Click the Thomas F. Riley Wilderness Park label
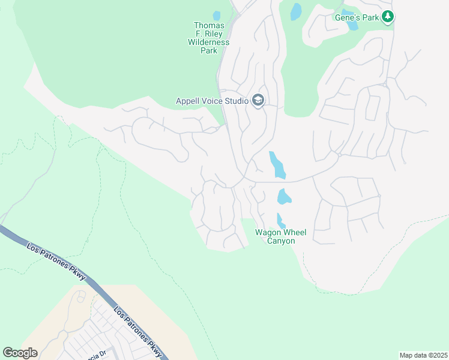coord(209,38)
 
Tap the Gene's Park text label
coord(357,17)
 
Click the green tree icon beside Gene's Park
coord(388,17)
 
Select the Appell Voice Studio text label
coord(212,101)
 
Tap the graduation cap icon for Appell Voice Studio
coord(258,100)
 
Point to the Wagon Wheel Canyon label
coord(276,236)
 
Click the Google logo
coord(20,353)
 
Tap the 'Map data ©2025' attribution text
coord(423,355)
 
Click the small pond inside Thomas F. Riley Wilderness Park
coord(216,16)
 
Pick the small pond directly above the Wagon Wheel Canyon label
coord(280,220)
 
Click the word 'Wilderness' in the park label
coord(208,43)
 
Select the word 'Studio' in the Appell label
coord(236,101)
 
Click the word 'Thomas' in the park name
coord(209,26)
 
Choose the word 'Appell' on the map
coord(187,101)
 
